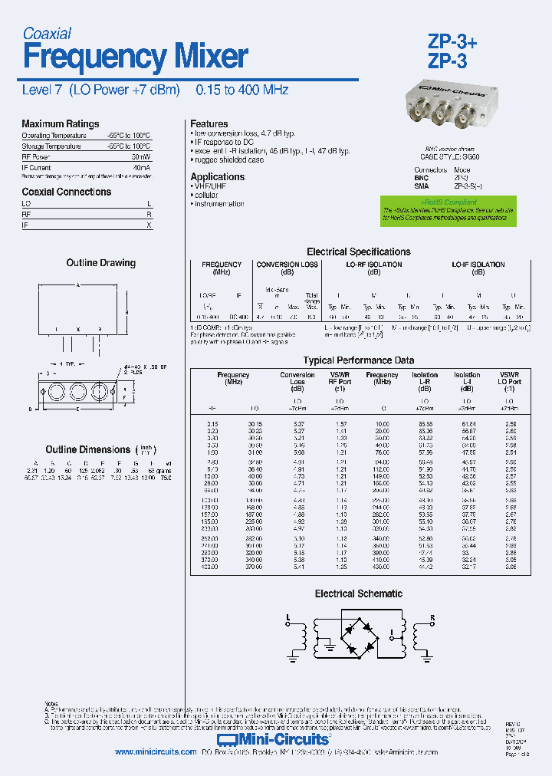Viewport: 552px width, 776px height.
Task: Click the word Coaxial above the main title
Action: (x=47, y=33)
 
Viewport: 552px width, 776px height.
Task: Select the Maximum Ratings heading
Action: (x=60, y=124)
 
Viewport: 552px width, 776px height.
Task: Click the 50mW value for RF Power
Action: (x=140, y=156)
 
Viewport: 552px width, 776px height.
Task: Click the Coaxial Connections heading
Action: (x=66, y=192)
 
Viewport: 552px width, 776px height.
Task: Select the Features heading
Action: (x=209, y=124)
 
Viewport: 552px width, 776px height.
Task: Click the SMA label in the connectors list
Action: (x=422, y=186)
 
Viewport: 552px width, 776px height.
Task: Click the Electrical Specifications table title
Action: (x=358, y=252)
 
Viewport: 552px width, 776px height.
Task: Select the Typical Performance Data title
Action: (x=358, y=360)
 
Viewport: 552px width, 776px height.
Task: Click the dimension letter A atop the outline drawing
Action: (x=77, y=284)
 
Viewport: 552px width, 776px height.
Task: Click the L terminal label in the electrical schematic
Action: (x=287, y=617)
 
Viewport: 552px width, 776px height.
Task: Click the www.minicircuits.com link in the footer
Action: (x=156, y=752)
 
